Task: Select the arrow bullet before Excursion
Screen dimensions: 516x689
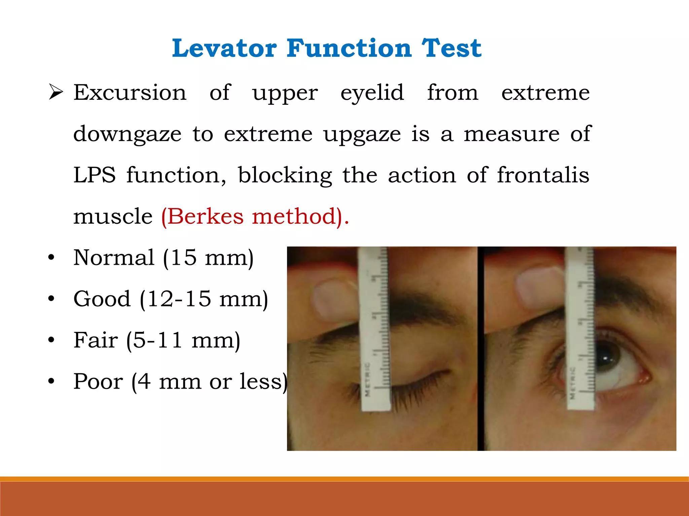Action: [56, 92]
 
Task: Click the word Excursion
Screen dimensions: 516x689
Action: [130, 92]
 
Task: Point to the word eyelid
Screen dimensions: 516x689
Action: [372, 93]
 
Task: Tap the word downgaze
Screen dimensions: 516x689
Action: [127, 134]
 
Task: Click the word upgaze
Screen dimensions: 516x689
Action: [362, 134]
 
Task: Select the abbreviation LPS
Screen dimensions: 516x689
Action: [95, 175]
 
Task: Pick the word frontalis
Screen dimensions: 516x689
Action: [543, 175]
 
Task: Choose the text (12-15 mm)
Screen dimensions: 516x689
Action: [204, 299]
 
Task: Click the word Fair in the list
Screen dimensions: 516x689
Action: [96, 340]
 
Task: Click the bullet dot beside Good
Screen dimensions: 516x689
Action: [51, 299]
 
